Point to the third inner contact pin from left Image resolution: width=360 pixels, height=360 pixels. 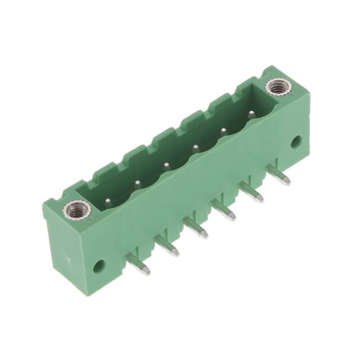tap(167, 165)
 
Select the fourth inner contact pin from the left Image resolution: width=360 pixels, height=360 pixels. tap(196, 148)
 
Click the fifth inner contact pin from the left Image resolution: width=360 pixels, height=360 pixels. tap(223, 132)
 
